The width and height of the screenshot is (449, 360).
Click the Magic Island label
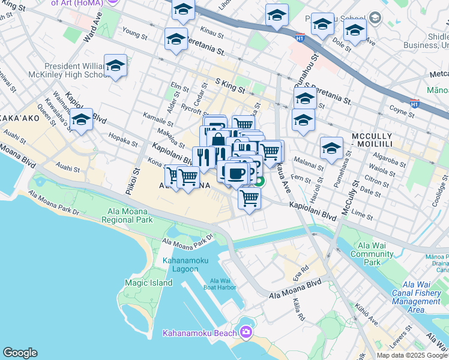pyautogui.click(x=144, y=282)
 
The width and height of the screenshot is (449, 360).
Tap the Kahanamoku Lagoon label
pyautogui.click(x=181, y=265)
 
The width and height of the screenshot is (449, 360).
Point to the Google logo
pyautogui.click(x=20, y=353)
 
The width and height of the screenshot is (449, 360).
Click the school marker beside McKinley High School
pyautogui.click(x=115, y=67)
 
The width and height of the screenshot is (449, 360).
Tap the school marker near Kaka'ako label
pyautogui.click(x=81, y=120)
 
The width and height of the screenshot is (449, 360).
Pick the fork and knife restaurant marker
pyautogui.click(x=203, y=158)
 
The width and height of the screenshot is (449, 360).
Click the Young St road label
pyautogui.click(x=134, y=36)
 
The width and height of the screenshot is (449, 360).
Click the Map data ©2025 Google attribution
pyautogui.click(x=412, y=355)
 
